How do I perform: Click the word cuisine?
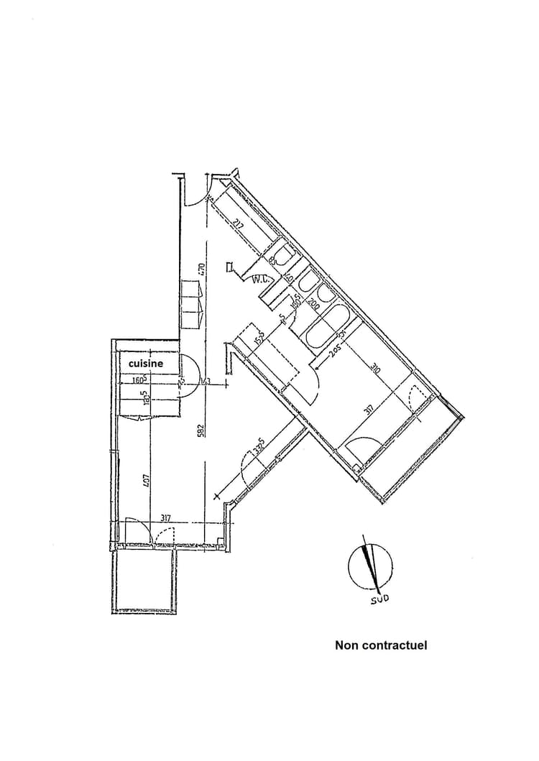pyautogui.click(x=146, y=364)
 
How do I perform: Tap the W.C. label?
pyautogui.click(x=260, y=280)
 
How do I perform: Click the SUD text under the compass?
pyautogui.click(x=379, y=599)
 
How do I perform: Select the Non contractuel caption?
pyautogui.click(x=381, y=645)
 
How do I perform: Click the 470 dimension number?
pyautogui.click(x=203, y=270)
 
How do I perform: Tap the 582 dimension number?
pyautogui.click(x=202, y=429)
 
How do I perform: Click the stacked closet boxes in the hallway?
pyautogui.click(x=192, y=303)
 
